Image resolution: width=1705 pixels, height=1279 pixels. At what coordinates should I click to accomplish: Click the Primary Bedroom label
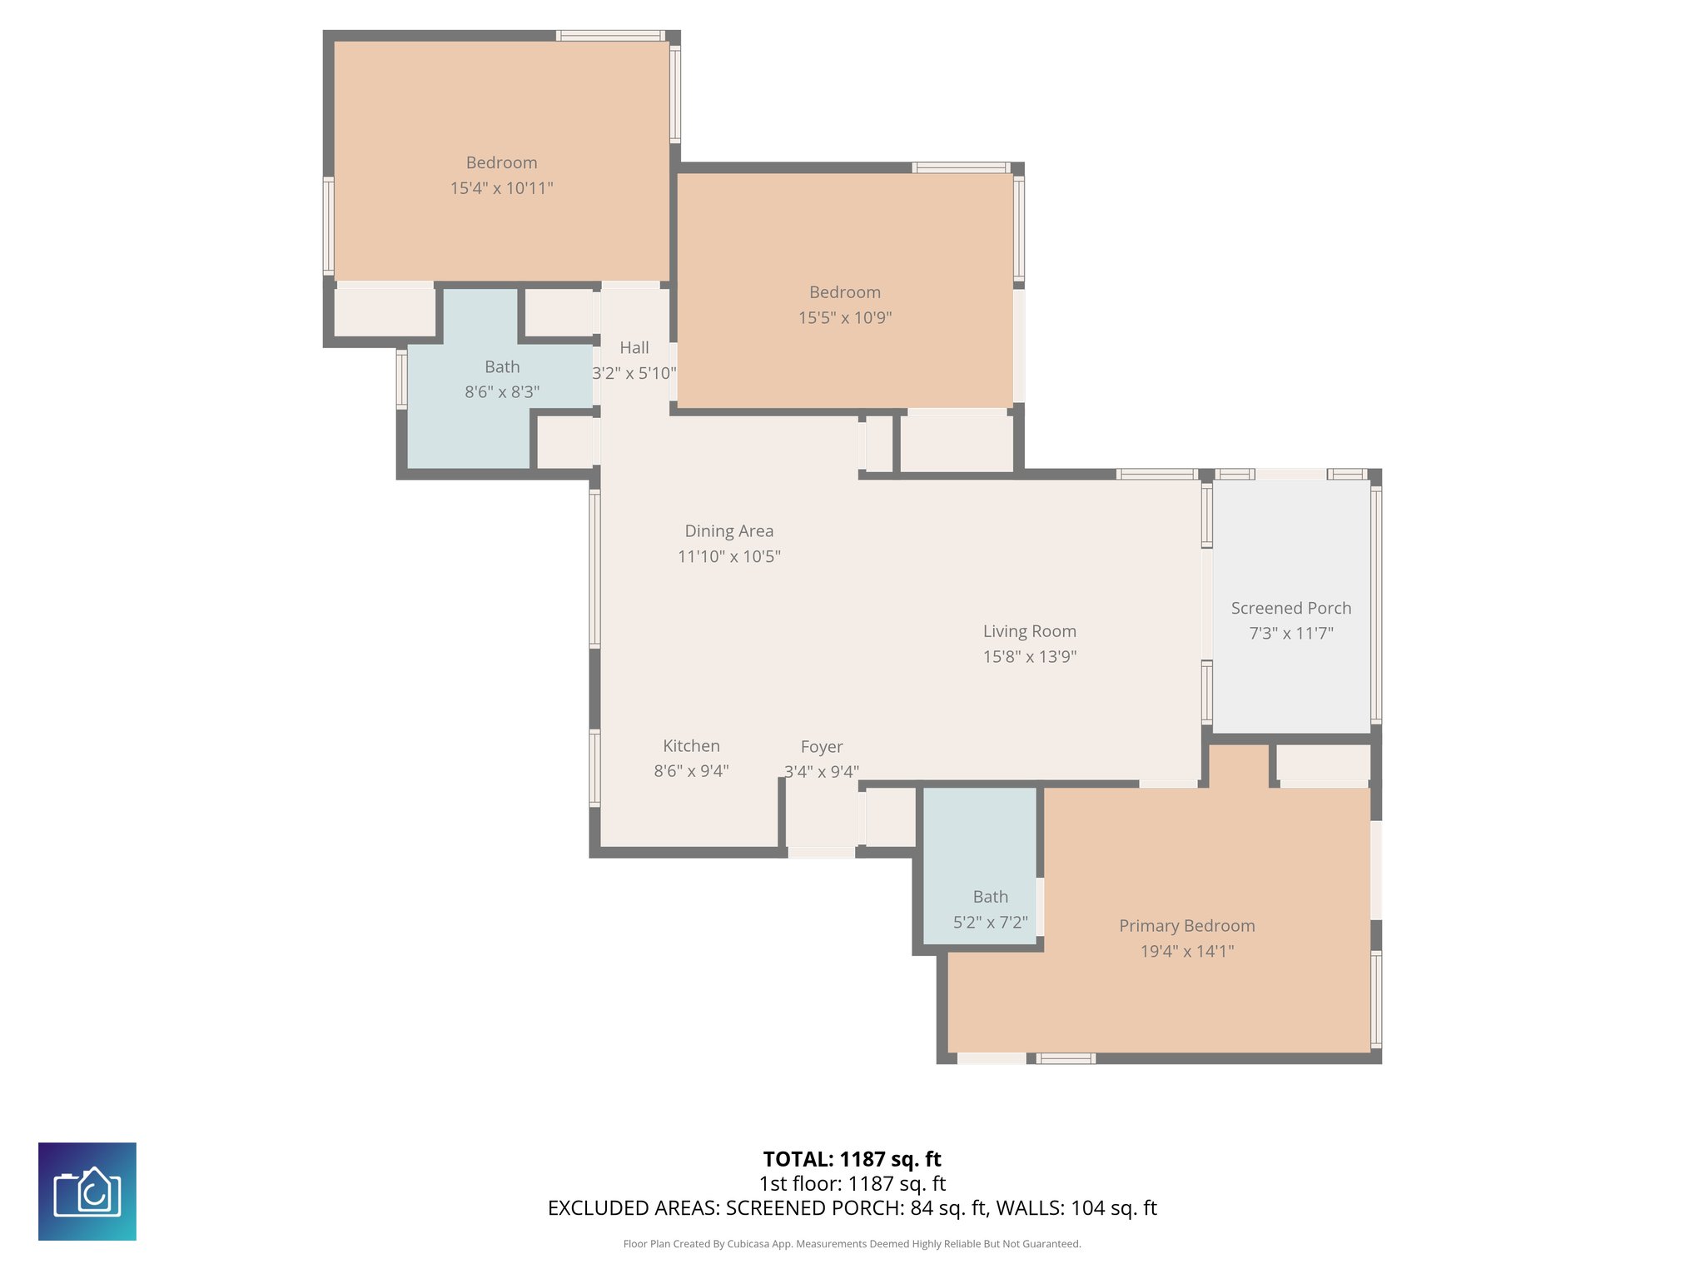point(1186,926)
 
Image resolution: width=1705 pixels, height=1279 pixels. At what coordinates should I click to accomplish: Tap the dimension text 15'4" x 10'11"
point(501,188)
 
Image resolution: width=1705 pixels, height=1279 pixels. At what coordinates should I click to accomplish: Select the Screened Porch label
point(1290,608)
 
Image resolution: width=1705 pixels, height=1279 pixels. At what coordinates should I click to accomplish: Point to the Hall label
point(634,348)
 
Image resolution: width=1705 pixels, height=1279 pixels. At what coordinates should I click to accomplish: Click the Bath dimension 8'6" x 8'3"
point(502,392)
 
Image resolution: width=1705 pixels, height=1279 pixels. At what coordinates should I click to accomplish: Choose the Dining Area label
point(728,531)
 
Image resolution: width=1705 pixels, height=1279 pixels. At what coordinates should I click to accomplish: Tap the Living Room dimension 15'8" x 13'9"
point(1029,656)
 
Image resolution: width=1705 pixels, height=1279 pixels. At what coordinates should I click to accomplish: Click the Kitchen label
point(691,746)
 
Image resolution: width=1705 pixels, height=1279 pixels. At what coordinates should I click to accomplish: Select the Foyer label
point(821,747)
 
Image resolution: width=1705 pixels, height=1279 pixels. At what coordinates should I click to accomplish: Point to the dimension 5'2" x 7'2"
point(990,923)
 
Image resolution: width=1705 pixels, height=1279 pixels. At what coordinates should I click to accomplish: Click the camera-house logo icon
point(87,1192)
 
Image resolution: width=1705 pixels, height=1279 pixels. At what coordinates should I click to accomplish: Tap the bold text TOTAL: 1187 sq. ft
point(852,1159)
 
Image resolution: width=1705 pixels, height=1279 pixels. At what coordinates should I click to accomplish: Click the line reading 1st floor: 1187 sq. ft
point(852,1183)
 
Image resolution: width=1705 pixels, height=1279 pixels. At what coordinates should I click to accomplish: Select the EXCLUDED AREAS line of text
point(852,1208)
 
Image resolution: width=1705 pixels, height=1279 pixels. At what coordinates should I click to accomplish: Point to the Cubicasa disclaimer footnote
point(852,1244)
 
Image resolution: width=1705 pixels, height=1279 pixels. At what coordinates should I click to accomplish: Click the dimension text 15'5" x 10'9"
point(844,317)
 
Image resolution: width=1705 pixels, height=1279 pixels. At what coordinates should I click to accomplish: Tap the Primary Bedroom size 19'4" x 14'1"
point(1186,951)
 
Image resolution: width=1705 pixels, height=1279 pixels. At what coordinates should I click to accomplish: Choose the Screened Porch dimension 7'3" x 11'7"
point(1290,634)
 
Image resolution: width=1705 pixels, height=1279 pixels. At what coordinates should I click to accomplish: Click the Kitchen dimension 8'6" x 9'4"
point(691,771)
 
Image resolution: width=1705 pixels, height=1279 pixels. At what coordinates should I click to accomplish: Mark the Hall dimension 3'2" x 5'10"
point(634,373)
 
